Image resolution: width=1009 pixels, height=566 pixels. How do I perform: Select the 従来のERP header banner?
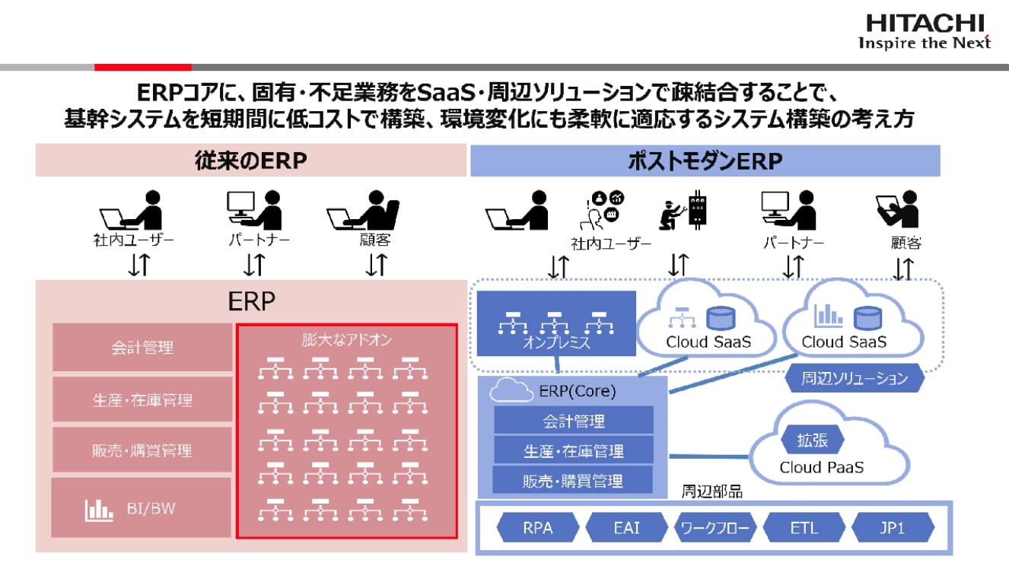coord(251,161)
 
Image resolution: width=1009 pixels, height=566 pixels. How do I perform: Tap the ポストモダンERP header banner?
coord(705,161)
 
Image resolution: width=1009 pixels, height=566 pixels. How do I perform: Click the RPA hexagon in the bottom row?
coord(537,527)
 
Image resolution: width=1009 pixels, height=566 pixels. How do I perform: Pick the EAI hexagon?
coord(627,527)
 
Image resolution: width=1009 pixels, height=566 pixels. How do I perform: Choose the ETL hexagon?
coord(804,527)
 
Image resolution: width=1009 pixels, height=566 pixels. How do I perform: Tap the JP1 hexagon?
coord(892,527)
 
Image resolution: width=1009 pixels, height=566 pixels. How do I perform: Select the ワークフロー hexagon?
coord(715,527)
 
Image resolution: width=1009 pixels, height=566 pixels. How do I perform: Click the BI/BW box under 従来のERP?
coord(142,508)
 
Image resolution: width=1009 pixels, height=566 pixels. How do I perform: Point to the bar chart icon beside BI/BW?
coord(99,509)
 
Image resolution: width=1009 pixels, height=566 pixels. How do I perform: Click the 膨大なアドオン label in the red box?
coord(346,339)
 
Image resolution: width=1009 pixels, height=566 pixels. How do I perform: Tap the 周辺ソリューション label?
coord(854,378)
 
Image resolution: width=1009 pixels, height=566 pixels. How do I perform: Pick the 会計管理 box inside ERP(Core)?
coord(574,420)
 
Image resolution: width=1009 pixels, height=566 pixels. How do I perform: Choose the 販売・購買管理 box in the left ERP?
coord(142,450)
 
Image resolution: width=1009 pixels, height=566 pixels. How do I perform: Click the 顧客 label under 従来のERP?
coord(375,240)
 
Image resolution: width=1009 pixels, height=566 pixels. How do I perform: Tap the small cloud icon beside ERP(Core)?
coord(511,392)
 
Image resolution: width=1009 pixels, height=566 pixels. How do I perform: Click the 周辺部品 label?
coord(711,491)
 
